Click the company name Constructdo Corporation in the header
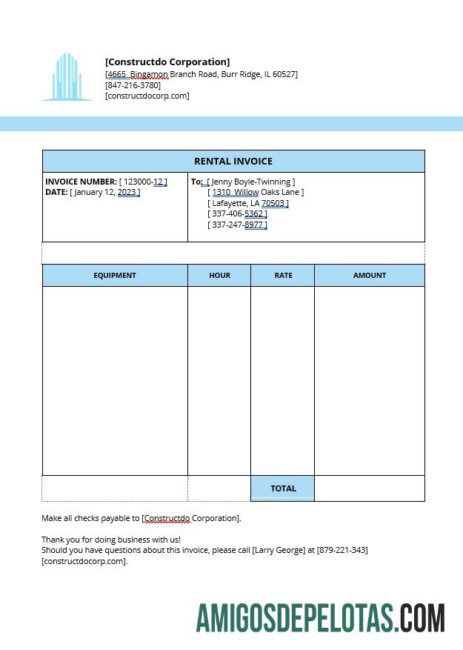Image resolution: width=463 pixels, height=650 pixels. pyautogui.click(x=167, y=62)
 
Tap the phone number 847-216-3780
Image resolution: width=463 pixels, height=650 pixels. pyautogui.click(x=133, y=85)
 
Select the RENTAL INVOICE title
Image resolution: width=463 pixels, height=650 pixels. pyautogui.click(x=233, y=161)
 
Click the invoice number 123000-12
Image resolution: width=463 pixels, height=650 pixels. pyautogui.click(x=143, y=182)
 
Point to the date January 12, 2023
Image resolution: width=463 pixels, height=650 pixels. pyautogui.click(x=104, y=193)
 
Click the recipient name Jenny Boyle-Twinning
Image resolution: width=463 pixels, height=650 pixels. pyautogui.click(x=251, y=182)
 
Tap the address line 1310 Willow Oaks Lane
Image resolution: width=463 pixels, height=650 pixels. pyautogui.click(x=256, y=192)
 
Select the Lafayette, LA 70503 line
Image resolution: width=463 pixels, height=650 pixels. pyautogui.click(x=248, y=203)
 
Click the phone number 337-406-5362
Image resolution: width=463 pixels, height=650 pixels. pyautogui.click(x=237, y=213)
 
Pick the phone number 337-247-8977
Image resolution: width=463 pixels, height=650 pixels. pyautogui.click(x=237, y=225)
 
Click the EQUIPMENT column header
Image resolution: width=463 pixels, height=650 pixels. pyautogui.click(x=115, y=275)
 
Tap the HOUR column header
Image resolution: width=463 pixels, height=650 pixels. pyautogui.click(x=219, y=275)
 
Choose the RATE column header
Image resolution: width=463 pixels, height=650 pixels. pyautogui.click(x=283, y=275)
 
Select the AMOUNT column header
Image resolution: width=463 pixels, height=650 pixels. pyautogui.click(x=369, y=275)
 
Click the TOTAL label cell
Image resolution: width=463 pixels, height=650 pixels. pyautogui.click(x=283, y=488)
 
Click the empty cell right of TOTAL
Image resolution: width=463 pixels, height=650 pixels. pyautogui.click(x=369, y=488)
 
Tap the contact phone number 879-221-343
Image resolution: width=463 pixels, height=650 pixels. pyautogui.click(x=342, y=550)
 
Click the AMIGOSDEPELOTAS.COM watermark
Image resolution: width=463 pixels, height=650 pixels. pyautogui.click(x=321, y=618)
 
